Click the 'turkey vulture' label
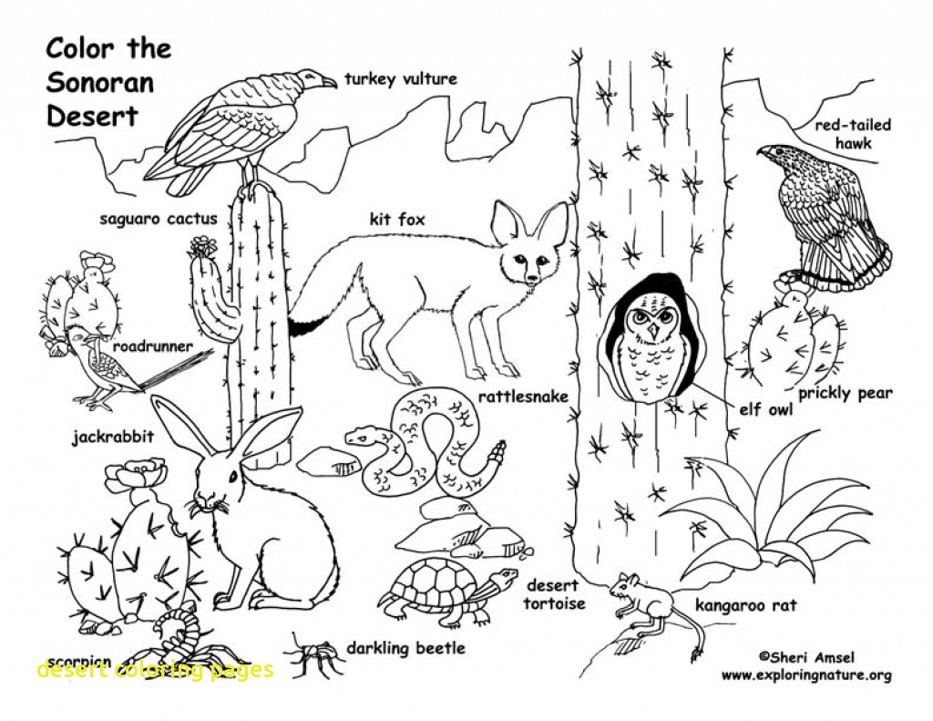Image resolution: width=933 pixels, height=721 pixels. point(400,79)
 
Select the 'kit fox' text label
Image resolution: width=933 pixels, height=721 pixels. point(396,219)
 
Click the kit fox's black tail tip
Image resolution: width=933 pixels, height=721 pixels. point(304,324)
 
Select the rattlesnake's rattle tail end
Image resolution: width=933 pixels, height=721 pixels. point(497,453)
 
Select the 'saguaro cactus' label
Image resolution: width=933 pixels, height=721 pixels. point(159,219)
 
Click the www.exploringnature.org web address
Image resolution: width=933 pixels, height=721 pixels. point(805,675)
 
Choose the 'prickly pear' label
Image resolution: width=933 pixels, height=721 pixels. point(845,394)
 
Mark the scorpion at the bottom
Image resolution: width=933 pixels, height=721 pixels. point(182,643)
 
